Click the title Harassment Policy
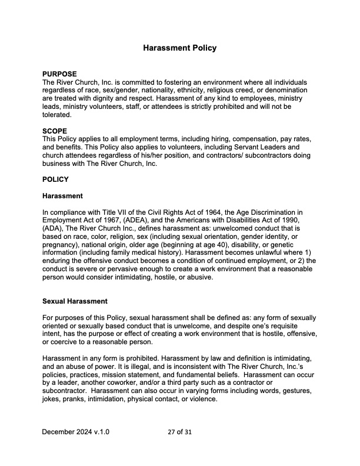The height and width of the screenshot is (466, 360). pos(180,48)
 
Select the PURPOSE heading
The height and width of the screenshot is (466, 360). pos(59,74)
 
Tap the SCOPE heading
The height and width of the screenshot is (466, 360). pos(55,131)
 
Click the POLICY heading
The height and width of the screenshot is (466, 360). pos(56,179)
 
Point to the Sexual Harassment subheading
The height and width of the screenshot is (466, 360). pos(75,301)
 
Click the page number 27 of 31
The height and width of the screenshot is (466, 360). pos(180,432)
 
